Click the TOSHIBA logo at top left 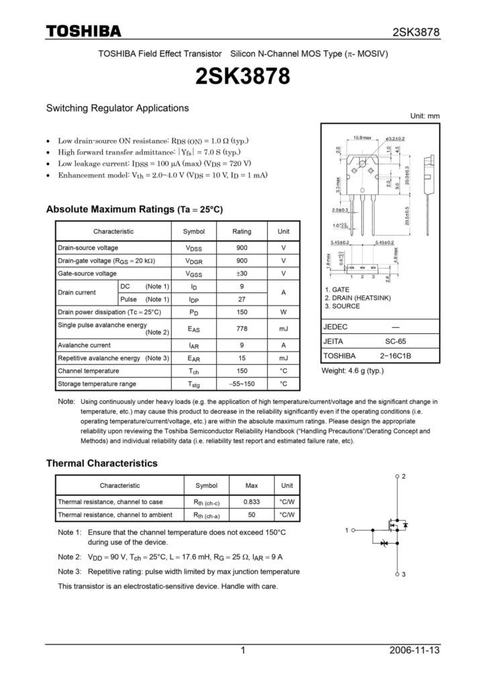[83, 32]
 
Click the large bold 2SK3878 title [242, 77]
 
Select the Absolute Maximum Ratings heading [134, 210]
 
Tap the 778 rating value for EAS [242, 329]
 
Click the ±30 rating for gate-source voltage [242, 273]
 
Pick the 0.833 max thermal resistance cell [252, 502]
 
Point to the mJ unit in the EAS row [283, 329]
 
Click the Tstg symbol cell [194, 384]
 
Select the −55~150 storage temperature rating [242, 384]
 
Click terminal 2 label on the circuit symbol [404, 476]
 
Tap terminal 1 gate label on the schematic [347, 531]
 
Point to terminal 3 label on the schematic [404, 574]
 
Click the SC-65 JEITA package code [395, 341]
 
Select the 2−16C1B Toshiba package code [395, 356]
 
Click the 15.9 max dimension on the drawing [362, 138]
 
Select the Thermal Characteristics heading [101, 464]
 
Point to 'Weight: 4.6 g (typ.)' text [353, 371]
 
